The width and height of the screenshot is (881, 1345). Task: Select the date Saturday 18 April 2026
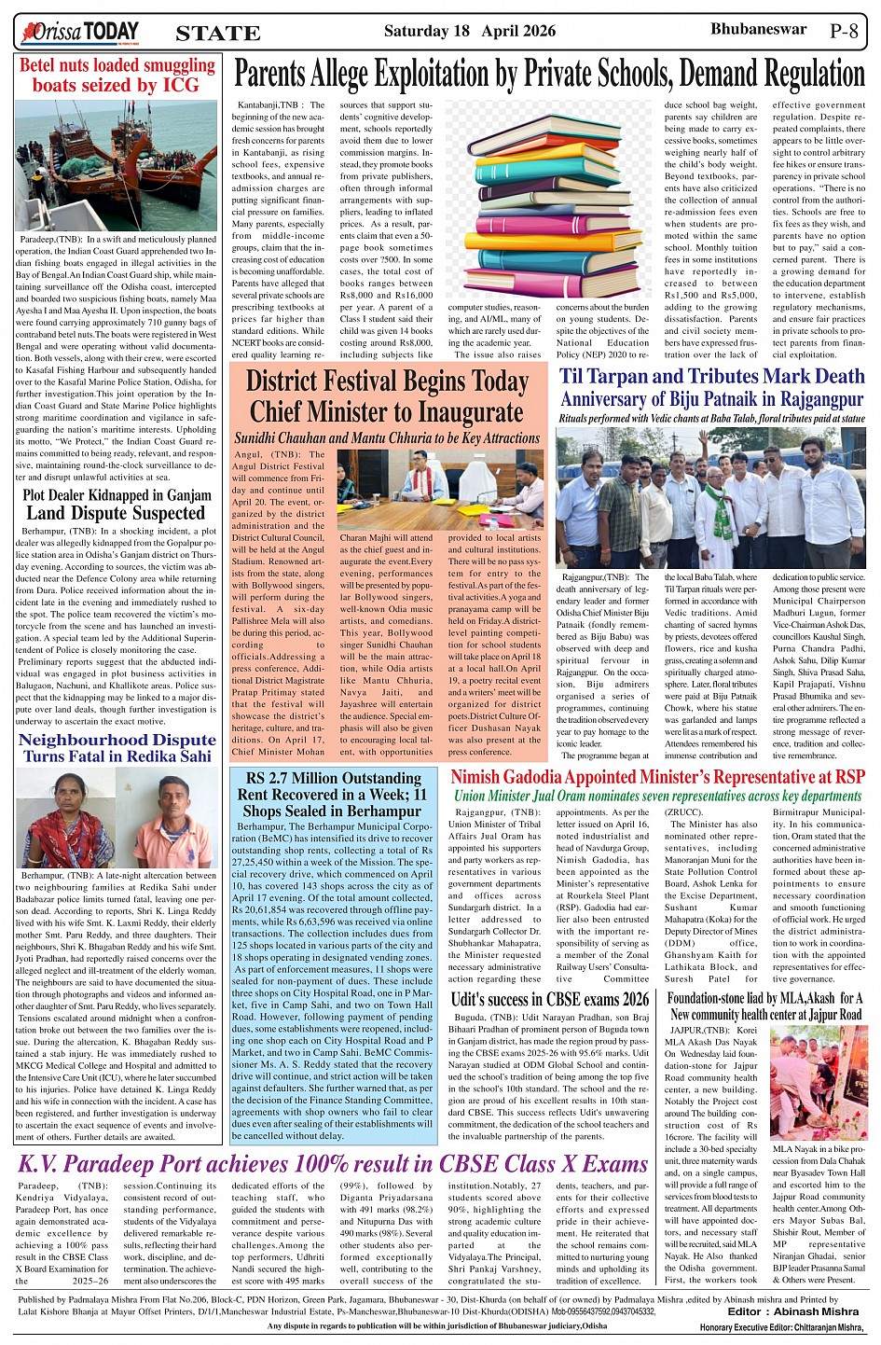point(470,31)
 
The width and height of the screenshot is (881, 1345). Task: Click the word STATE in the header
point(218,34)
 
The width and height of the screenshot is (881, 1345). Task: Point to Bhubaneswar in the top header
point(758,29)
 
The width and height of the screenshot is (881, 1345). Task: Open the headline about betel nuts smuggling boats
point(117,76)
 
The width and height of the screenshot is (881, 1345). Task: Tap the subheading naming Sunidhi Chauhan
point(387,437)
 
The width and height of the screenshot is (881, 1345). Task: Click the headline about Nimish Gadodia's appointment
point(657,777)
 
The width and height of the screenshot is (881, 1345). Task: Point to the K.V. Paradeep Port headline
point(333,1164)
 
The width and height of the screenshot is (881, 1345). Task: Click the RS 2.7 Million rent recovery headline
point(333,794)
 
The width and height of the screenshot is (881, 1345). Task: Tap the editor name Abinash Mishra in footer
point(820,1311)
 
